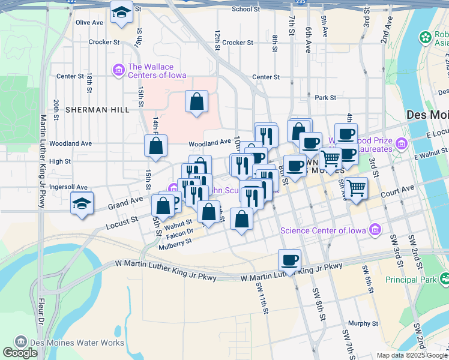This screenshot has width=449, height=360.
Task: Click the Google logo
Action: tap(20, 353)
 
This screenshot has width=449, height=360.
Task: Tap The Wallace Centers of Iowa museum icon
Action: tap(118, 71)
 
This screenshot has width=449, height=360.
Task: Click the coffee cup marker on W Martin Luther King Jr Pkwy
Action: tap(289, 260)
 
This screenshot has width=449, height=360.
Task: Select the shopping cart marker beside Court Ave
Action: tap(356, 188)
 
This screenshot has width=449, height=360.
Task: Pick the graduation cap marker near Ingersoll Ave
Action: tap(82, 203)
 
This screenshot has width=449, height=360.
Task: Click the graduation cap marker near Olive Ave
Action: tap(121, 12)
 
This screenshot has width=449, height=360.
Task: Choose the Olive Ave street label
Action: tap(89, 23)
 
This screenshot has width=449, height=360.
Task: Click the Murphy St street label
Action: tap(363, 323)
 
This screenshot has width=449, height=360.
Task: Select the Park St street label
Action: tap(325, 97)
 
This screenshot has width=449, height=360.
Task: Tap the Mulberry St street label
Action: tap(175, 241)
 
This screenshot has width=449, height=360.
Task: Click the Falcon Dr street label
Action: tap(179, 232)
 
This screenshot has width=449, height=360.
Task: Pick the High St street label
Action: tap(60, 161)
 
